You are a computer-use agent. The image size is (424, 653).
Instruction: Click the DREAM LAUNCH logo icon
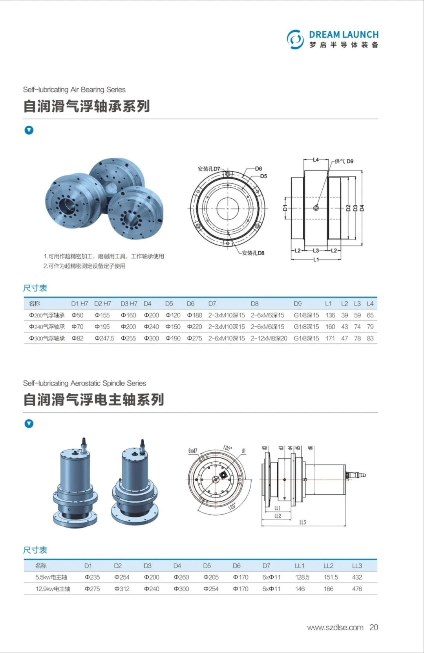295,39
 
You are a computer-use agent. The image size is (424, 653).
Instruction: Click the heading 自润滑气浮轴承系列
86,106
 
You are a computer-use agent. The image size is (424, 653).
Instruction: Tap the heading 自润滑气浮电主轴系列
93,400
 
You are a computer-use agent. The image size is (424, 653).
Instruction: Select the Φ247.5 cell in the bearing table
104,338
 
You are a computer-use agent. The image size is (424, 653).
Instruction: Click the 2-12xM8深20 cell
269,338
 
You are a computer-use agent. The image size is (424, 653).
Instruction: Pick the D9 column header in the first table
298,304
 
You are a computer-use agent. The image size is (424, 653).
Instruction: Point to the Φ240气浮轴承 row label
47,327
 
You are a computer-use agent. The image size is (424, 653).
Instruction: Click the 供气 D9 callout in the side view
344,161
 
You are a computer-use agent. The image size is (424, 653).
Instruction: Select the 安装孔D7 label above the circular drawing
209,169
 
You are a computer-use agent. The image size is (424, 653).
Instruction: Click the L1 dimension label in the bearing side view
316,260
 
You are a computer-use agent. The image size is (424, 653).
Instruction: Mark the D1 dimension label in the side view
285,208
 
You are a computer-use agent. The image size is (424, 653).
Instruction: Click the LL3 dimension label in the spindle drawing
302,522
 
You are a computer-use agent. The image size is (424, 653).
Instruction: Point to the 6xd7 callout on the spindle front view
193,451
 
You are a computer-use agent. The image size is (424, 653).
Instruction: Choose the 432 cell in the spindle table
357,577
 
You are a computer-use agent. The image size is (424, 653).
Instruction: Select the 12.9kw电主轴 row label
53,589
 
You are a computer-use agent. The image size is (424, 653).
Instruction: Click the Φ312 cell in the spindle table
122,589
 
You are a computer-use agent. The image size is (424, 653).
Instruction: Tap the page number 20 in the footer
373,627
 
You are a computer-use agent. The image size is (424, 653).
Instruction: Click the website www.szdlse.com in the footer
335,627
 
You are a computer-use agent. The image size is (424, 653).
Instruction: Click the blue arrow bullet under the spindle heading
29,424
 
